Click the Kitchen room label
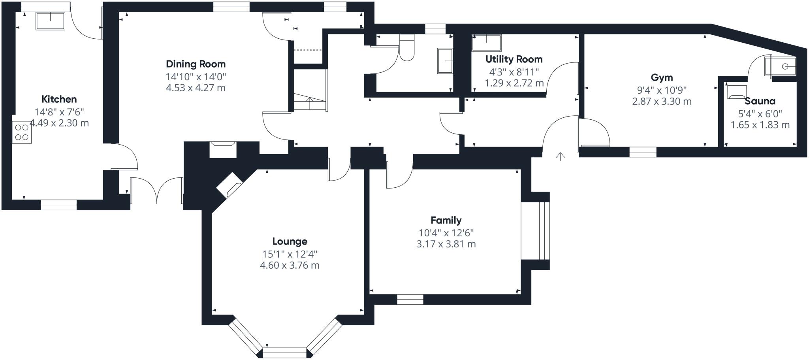click(59, 99)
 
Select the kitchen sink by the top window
click(50, 21)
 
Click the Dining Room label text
click(196, 64)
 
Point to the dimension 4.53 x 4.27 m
click(196, 88)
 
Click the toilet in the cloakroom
click(407, 49)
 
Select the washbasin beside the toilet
click(445, 61)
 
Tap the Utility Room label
click(514, 59)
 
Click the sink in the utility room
click(487, 43)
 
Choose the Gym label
click(662, 77)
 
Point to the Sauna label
click(760, 101)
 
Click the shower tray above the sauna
click(781, 66)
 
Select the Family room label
click(446, 220)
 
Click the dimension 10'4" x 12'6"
click(446, 233)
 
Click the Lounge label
click(290, 241)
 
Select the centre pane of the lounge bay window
click(284, 352)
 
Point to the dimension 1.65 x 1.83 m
click(760, 125)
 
